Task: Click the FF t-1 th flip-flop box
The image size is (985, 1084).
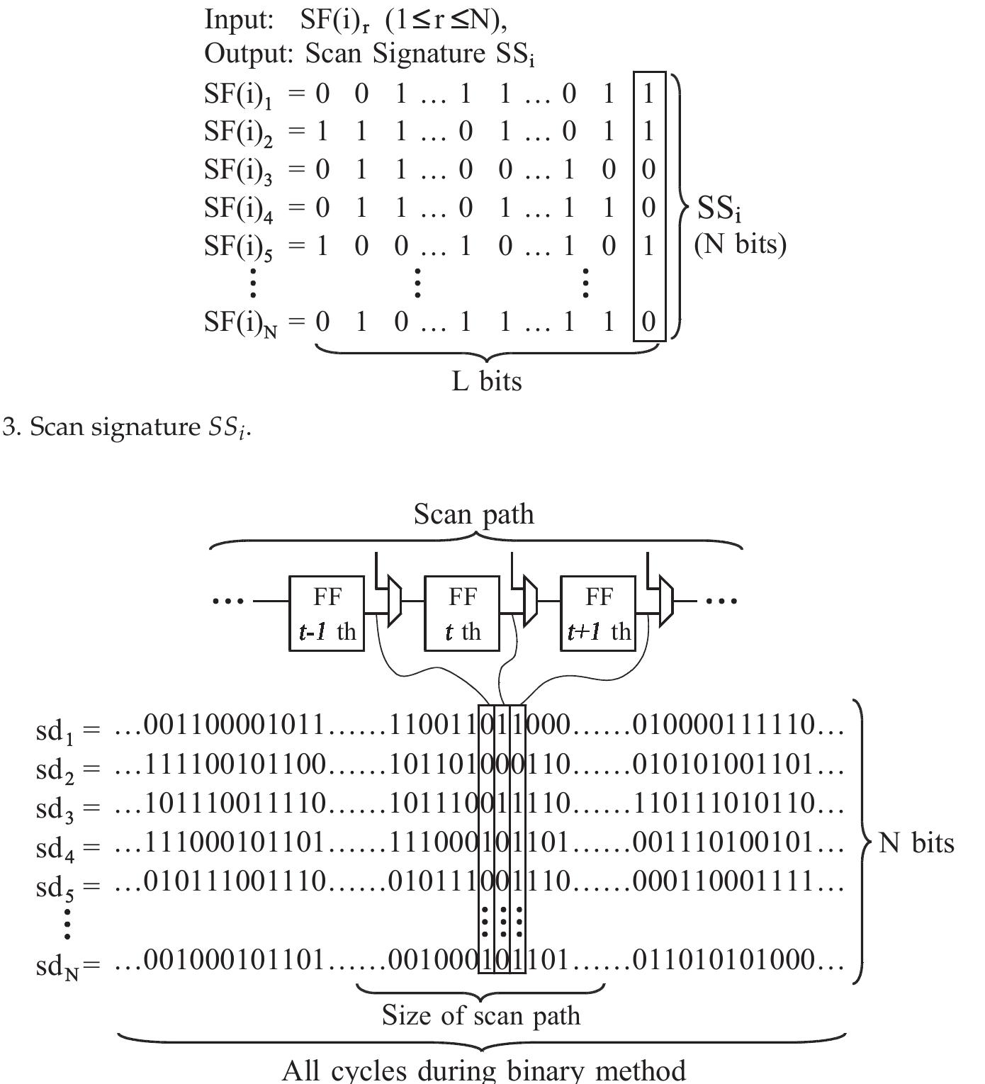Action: pos(327,614)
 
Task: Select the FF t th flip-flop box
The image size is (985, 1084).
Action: pos(462,614)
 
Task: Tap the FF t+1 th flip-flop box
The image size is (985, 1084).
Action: pos(598,614)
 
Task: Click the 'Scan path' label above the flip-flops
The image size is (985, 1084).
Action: pos(473,514)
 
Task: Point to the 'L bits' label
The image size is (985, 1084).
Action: pos(487,381)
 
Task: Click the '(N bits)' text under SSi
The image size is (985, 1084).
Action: pos(740,244)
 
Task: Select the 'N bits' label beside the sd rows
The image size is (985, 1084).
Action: pos(916,843)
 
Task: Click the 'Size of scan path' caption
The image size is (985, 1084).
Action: pos(480,1015)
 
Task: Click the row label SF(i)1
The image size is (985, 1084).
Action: pos(238,95)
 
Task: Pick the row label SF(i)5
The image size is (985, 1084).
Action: pos(238,247)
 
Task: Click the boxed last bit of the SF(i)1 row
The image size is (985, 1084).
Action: pos(648,94)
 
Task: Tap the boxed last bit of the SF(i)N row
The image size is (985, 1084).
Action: pos(648,322)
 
